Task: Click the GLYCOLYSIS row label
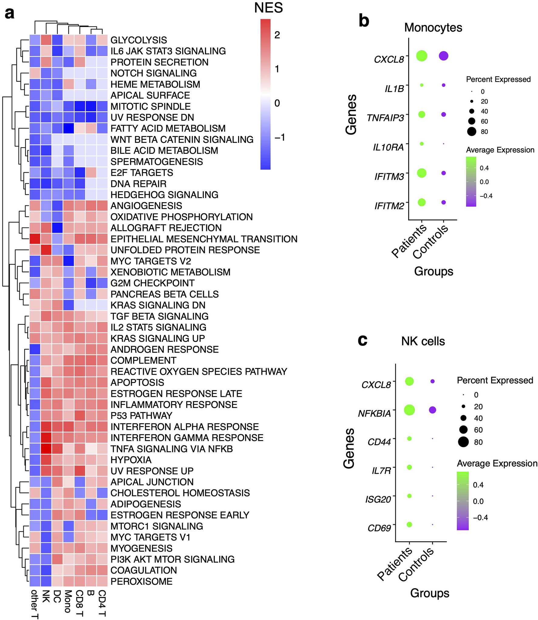click(138, 40)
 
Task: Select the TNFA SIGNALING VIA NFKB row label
click(172, 449)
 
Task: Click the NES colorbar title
click(268, 8)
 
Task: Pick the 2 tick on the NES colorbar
click(277, 35)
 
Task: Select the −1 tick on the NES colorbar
click(280, 137)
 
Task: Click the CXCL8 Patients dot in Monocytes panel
click(422, 56)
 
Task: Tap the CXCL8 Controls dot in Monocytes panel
click(444, 56)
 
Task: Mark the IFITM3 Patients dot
click(422, 173)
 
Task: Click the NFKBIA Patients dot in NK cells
click(409, 410)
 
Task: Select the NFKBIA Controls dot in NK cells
click(432, 410)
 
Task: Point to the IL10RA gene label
click(388, 147)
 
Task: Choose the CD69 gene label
click(379, 528)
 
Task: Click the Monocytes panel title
click(433, 28)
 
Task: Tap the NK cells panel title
click(423, 341)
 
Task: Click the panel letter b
click(364, 21)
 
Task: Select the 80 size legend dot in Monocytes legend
click(472, 131)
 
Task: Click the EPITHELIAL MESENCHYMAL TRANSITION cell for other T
click(35, 239)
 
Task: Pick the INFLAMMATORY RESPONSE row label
click(174, 405)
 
